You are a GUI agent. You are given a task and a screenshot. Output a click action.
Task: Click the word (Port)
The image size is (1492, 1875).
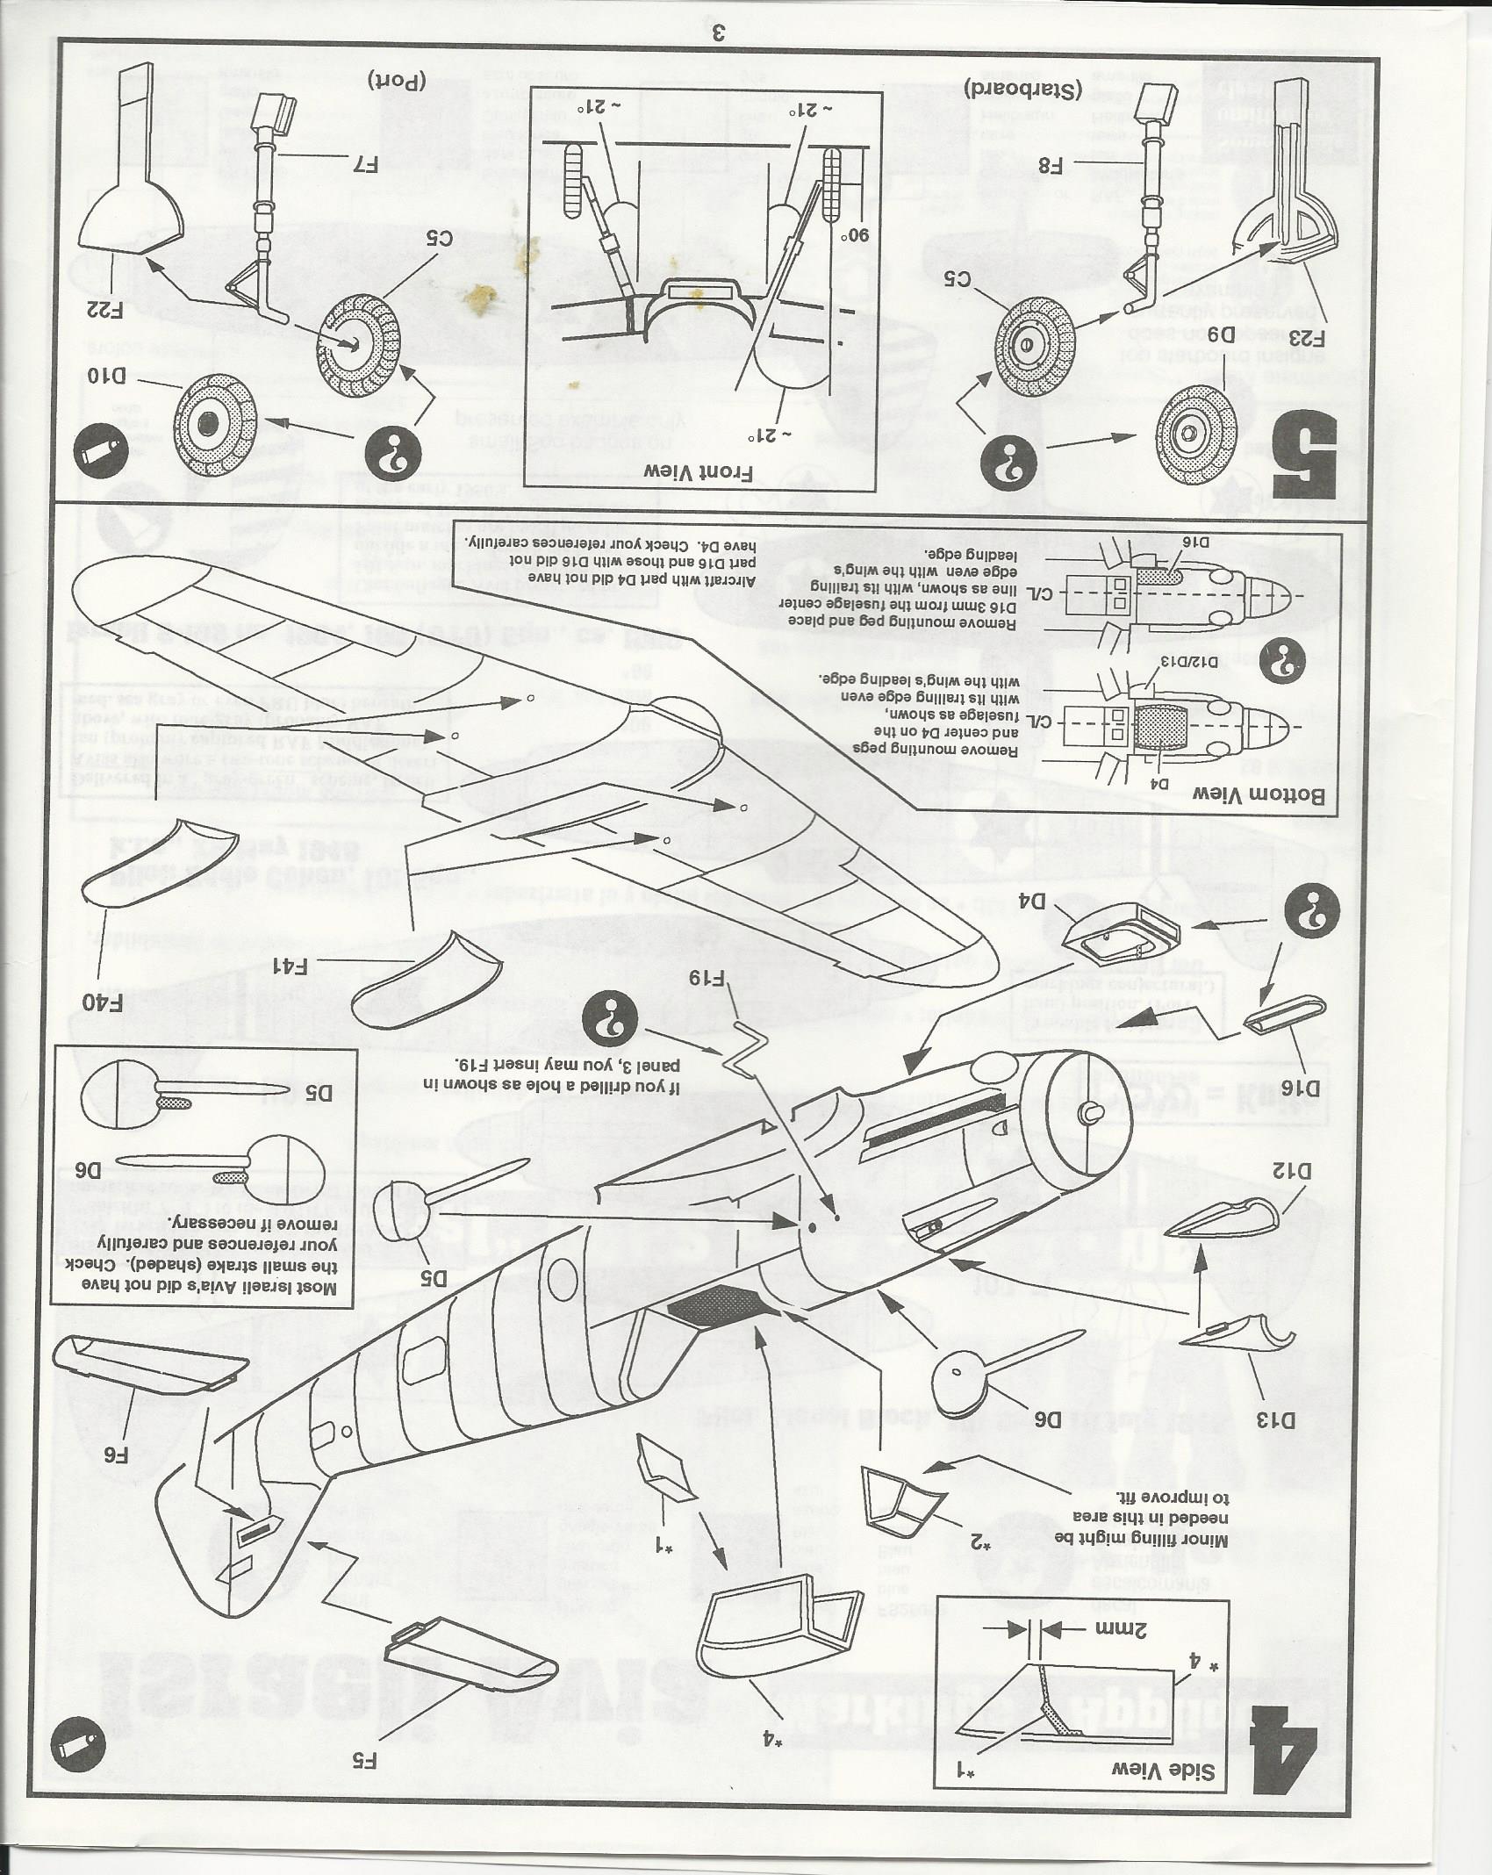(x=398, y=79)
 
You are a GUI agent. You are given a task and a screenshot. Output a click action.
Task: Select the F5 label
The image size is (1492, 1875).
(x=363, y=1759)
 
